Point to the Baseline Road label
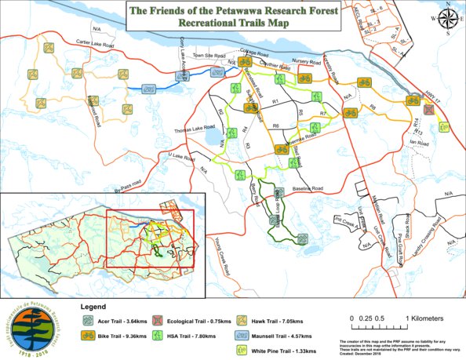point(307,189)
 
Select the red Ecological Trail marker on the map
point(427,111)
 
